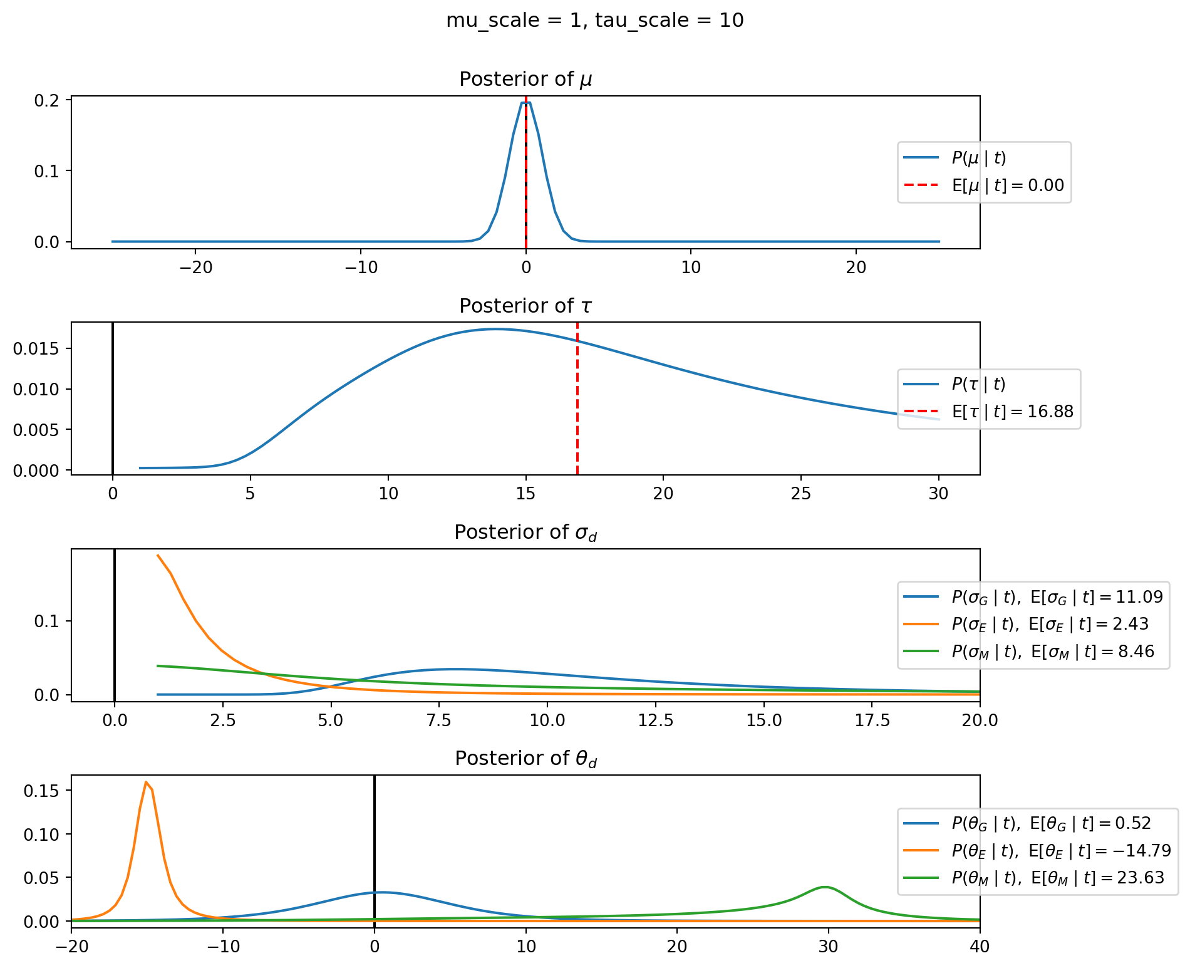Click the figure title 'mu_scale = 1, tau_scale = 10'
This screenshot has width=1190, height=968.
pyautogui.click(x=594, y=21)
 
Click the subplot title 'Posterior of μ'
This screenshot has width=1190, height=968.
pyautogui.click(x=525, y=80)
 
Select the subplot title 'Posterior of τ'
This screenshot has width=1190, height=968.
pyautogui.click(x=525, y=306)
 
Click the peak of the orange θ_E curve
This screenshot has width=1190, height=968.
pyautogui.click(x=146, y=782)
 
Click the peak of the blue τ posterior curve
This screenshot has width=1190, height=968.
pyautogui.click(x=496, y=329)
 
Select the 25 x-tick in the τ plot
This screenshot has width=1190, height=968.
pyautogui.click(x=800, y=494)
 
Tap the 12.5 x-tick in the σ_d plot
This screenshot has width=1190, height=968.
pyautogui.click(x=656, y=721)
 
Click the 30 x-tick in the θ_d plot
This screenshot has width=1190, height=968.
pyautogui.click(x=828, y=947)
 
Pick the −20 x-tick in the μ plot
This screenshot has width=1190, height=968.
pyautogui.click(x=195, y=268)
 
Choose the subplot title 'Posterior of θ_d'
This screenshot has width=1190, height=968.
pyautogui.click(x=525, y=759)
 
